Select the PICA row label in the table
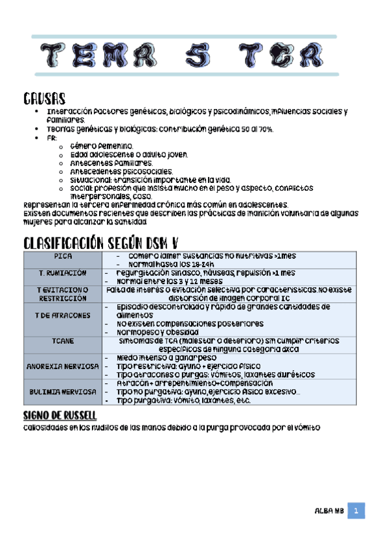[x=63, y=257]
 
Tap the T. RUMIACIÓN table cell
[x=63, y=274]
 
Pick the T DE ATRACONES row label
[x=63, y=315]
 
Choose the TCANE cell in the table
[x=63, y=340]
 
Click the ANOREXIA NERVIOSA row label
[x=63, y=366]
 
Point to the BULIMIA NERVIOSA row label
[x=63, y=392]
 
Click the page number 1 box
[x=356, y=512]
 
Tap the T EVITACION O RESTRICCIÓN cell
[x=63, y=294]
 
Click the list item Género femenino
[x=100, y=146]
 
